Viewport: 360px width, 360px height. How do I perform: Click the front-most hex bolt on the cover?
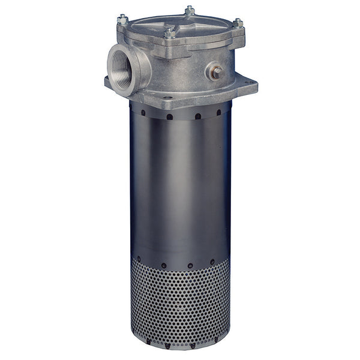(169, 31)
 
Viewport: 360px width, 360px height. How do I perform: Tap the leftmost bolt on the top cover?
(122, 20)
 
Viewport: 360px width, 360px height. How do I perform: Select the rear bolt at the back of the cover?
(190, 10)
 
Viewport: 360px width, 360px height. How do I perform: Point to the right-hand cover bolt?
(238, 23)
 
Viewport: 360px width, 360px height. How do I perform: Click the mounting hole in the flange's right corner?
(247, 81)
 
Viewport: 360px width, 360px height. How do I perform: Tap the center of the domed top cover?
(180, 24)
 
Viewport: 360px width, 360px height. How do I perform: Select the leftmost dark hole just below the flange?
(143, 111)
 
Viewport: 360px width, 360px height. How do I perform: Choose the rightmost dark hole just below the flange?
(218, 112)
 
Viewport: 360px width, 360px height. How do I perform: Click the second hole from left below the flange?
(170, 116)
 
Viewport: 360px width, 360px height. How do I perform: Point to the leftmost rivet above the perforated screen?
(140, 259)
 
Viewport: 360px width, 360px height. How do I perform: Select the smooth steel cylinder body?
(180, 186)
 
